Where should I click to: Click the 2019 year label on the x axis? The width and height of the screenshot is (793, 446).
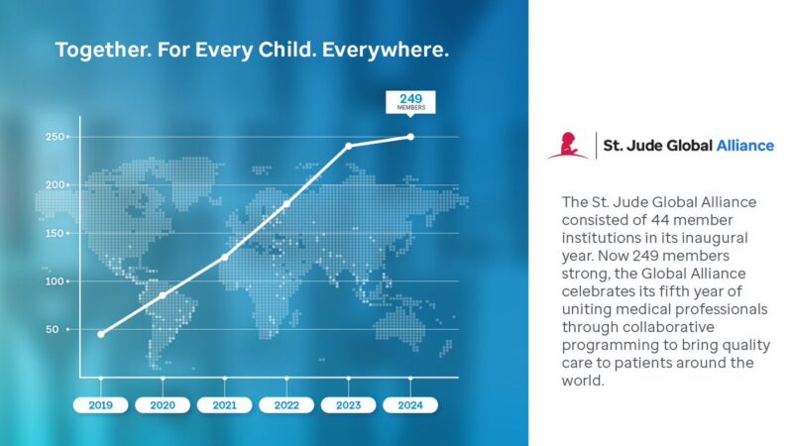coord(100,404)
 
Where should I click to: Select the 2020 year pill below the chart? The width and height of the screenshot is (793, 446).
coord(163,404)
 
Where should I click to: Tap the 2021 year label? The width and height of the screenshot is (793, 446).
coord(224,404)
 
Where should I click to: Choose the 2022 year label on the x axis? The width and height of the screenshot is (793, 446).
coord(286,404)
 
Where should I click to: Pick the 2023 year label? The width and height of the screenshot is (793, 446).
coord(348,404)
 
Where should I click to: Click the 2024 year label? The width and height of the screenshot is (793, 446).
coord(410,404)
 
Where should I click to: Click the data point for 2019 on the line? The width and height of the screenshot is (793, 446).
coord(100,334)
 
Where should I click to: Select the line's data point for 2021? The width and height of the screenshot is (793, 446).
coord(224,257)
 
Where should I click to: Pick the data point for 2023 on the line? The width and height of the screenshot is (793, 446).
coord(348,146)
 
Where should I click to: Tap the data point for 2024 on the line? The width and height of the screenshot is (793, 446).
coord(410,137)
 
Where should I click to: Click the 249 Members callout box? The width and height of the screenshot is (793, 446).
coord(410,102)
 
